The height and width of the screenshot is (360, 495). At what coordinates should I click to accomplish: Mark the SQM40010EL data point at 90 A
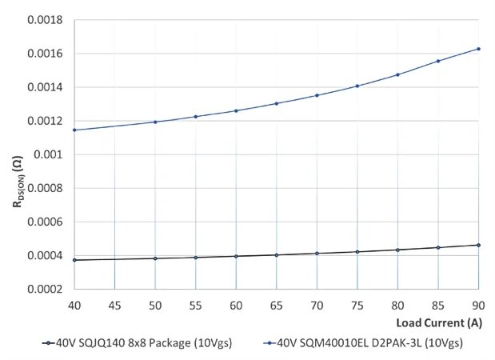[478, 49]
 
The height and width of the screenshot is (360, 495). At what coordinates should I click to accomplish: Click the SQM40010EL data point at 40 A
[74, 130]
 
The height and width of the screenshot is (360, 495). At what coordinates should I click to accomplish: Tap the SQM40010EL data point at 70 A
[317, 95]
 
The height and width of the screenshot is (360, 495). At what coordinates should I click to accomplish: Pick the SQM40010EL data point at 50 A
[155, 122]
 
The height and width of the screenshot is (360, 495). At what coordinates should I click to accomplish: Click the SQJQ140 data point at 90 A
[478, 245]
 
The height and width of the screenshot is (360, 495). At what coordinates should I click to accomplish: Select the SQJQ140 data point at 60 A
[236, 256]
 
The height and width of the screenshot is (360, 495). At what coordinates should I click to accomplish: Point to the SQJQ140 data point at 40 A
[74, 260]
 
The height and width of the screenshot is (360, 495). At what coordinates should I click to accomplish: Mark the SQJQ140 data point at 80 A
[397, 250]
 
